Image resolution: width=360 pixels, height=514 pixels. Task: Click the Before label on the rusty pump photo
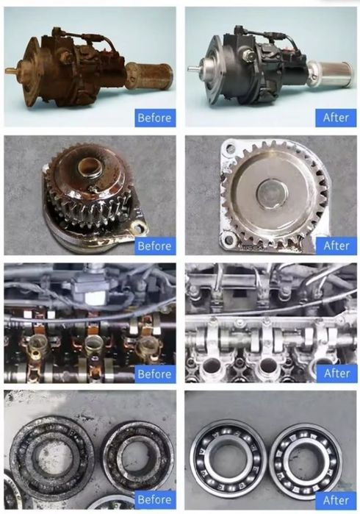pyautogui.click(x=154, y=118)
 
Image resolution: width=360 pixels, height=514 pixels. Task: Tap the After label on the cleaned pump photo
pyautogui.click(x=336, y=118)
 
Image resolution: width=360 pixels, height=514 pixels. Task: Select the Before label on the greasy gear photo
pyautogui.click(x=154, y=246)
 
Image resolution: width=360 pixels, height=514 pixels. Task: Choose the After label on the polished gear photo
pyautogui.click(x=336, y=246)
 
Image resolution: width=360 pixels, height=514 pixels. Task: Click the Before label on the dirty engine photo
pyautogui.click(x=154, y=374)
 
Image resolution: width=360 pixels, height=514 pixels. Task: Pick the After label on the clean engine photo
pyautogui.click(x=336, y=374)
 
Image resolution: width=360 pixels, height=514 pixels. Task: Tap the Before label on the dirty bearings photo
pyautogui.click(x=154, y=499)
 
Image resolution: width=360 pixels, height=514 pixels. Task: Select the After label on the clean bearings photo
pyautogui.click(x=336, y=500)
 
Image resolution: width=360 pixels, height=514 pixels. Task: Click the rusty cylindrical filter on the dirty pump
pyautogui.click(x=149, y=76)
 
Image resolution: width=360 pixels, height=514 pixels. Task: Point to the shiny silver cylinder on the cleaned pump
pyautogui.click(x=330, y=74)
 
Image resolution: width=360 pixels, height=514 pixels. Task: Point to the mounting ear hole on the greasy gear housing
pyautogui.click(x=141, y=226)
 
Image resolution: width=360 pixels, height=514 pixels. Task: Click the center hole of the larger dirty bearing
pyautogui.click(x=52, y=457)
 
